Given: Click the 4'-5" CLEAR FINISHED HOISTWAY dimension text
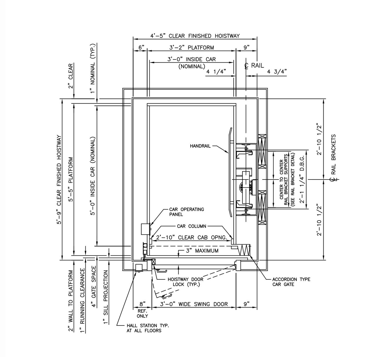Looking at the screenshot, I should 195,36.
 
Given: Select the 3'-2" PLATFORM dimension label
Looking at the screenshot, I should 191,48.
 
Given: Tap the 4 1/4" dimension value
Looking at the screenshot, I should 216,72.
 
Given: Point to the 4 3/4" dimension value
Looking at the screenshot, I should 277,72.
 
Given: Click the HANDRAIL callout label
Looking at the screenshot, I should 200,146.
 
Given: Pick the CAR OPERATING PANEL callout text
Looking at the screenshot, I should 186,212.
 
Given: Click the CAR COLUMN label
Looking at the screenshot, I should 191,226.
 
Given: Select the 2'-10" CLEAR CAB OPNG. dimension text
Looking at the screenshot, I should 191,237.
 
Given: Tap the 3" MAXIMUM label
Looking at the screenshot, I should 202,251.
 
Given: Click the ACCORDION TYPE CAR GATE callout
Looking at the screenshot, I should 291,282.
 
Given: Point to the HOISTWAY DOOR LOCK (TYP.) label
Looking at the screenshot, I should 185,282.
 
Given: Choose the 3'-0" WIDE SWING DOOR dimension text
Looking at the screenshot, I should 194,304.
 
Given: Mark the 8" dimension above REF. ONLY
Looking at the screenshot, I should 142,304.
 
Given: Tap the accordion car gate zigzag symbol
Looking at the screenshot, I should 244,250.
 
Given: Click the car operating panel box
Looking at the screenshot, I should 145,229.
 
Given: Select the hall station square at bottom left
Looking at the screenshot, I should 139,267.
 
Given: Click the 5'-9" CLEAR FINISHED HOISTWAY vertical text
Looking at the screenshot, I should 59,180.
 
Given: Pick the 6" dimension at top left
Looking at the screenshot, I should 141,48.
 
